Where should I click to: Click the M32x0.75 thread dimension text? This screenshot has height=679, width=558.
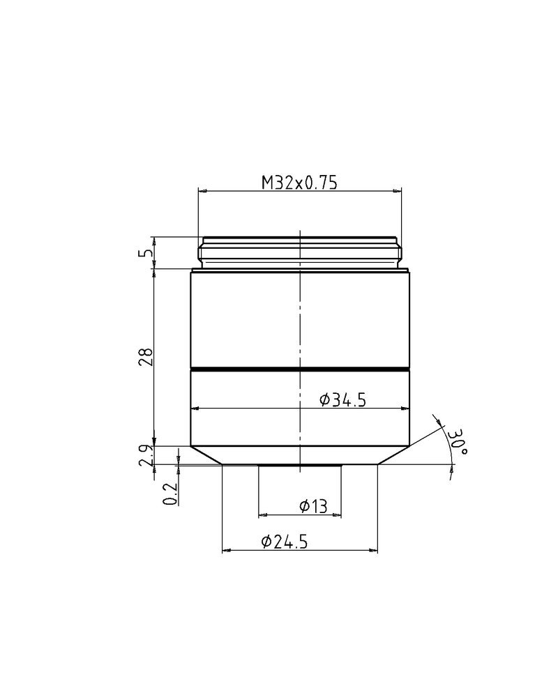point(299,183)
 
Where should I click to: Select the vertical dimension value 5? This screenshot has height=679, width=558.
point(145,253)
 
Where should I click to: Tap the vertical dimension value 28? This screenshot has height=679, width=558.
point(145,357)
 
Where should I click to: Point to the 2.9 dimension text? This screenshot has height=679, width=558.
point(145,455)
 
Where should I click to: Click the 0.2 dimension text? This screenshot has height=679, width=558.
point(169,494)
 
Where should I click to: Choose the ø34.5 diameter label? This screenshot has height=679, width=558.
point(342,399)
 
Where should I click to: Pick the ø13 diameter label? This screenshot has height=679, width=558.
point(313,507)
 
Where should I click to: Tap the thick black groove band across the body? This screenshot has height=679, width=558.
point(300,367)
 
